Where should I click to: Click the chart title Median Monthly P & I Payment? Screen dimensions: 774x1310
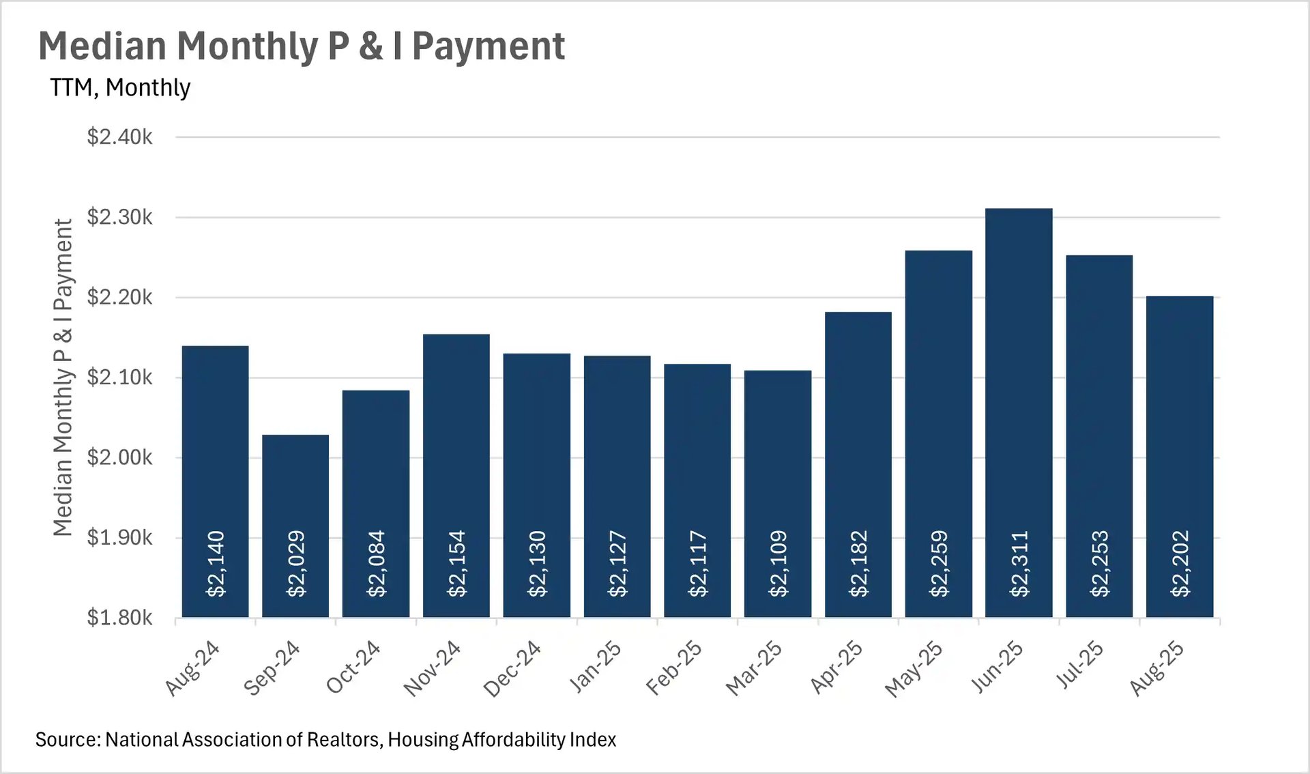(x=302, y=46)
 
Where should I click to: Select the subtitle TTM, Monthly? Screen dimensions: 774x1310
(x=120, y=87)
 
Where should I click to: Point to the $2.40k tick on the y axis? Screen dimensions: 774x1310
(x=119, y=137)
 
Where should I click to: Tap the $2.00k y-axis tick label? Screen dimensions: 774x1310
(x=119, y=457)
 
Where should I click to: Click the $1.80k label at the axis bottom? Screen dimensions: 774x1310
(x=119, y=618)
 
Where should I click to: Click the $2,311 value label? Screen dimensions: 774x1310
(x=1019, y=564)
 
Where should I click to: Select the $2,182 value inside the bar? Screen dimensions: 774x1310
(x=858, y=564)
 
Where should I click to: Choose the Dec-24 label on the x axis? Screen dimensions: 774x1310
(x=512, y=669)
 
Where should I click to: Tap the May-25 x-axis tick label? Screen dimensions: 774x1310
(x=914, y=669)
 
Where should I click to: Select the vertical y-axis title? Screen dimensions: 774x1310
(x=63, y=377)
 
